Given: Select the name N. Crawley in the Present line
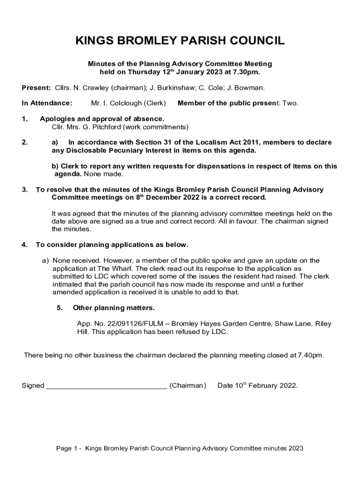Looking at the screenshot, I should point(89,87).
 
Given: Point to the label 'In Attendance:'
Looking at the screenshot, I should point(47,103).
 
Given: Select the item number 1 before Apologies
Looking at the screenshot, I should point(24,119).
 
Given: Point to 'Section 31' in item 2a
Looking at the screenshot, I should point(149,142).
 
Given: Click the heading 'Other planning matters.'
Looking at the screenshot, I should point(114,308).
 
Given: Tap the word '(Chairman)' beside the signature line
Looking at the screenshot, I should point(187,385).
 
